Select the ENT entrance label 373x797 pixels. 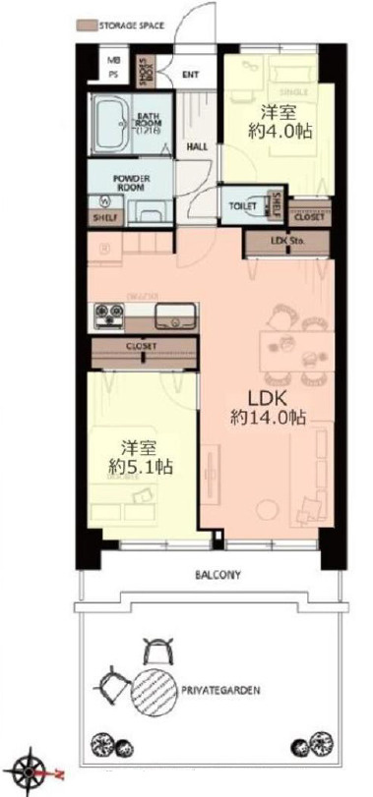click(191, 74)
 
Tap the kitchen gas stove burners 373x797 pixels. click(108, 314)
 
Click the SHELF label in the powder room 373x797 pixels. click(102, 216)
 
